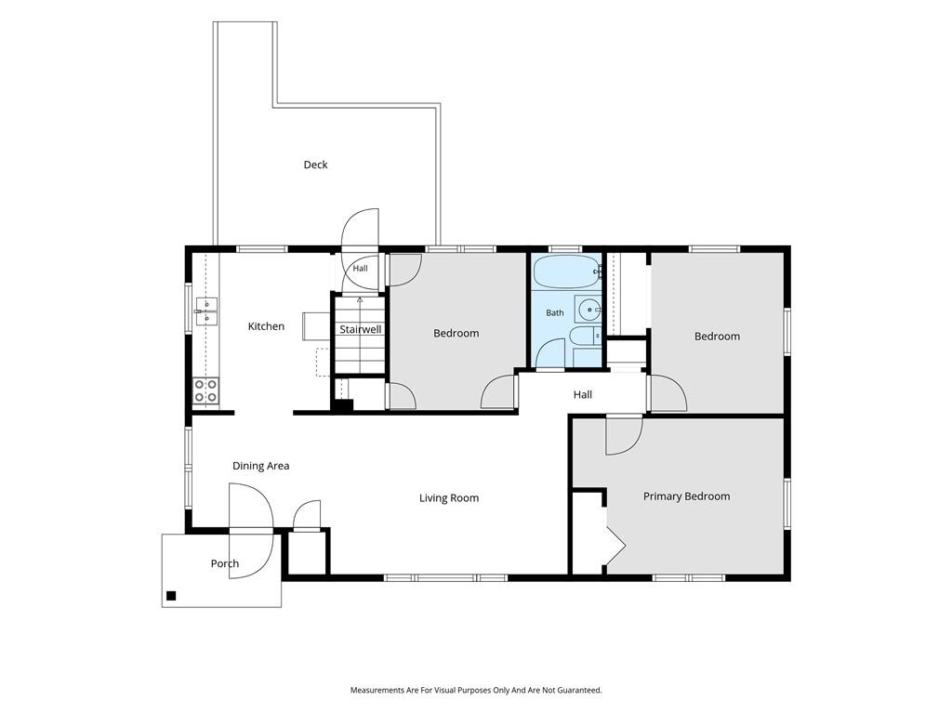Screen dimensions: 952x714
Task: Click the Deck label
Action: (x=315, y=165)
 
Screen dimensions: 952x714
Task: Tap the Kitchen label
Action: (x=266, y=326)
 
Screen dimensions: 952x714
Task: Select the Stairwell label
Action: (x=360, y=329)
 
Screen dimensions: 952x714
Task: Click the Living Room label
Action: (x=449, y=498)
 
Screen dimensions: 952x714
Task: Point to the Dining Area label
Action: (x=260, y=466)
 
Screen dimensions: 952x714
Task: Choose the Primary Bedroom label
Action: (x=687, y=496)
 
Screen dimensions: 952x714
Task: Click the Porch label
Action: (x=225, y=563)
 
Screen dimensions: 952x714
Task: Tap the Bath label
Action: (x=555, y=312)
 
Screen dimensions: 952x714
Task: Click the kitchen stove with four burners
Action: (x=205, y=390)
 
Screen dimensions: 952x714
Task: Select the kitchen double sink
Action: (x=206, y=311)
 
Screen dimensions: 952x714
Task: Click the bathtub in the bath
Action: (x=567, y=271)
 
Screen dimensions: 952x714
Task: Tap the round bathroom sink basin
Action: (x=588, y=310)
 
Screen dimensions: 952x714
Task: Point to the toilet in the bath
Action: (x=587, y=336)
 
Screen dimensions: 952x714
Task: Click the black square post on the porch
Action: (x=171, y=596)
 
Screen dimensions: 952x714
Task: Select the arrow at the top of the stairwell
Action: (x=360, y=300)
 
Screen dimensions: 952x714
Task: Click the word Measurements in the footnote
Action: (x=377, y=690)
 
